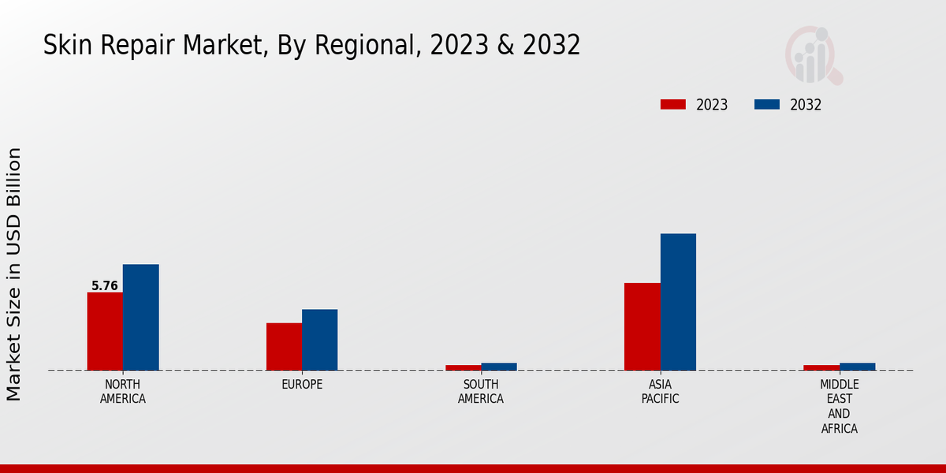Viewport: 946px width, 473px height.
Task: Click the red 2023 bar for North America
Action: pyautogui.click(x=105, y=331)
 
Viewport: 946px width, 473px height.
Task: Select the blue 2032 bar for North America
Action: pyautogui.click(x=140, y=317)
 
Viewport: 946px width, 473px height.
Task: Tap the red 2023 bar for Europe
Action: pyautogui.click(x=284, y=346)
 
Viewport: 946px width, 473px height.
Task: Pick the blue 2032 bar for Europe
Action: pyautogui.click(x=319, y=340)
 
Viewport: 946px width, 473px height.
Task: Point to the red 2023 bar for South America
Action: pyautogui.click(x=463, y=367)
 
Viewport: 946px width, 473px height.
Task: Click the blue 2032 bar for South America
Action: pyautogui.click(x=499, y=367)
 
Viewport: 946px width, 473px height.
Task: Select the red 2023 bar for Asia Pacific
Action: pyautogui.click(x=642, y=326)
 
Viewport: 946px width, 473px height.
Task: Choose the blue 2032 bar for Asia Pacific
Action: pyautogui.click(x=678, y=302)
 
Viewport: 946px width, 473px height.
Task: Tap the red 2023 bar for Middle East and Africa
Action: pyautogui.click(x=821, y=367)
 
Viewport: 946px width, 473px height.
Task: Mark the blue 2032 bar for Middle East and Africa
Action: pyautogui.click(x=857, y=367)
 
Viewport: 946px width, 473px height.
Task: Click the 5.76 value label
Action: pyautogui.click(x=105, y=286)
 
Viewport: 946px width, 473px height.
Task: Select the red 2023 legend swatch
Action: pyautogui.click(x=673, y=104)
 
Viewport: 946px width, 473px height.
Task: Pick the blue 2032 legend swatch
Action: pyautogui.click(x=767, y=104)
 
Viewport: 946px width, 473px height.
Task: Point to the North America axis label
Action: pyautogui.click(x=123, y=392)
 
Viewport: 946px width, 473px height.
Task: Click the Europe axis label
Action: pyautogui.click(x=302, y=385)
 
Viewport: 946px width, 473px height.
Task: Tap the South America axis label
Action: pyautogui.click(x=481, y=392)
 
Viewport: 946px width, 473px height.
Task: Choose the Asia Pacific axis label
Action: pyautogui.click(x=660, y=392)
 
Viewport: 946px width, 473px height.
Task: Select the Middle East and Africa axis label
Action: pyautogui.click(x=839, y=407)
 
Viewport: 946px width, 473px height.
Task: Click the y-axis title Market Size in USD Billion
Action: pyautogui.click(x=14, y=274)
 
